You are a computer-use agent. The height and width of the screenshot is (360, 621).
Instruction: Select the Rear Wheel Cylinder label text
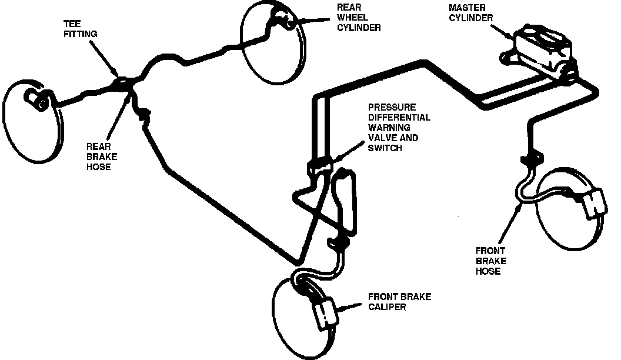coord(359,18)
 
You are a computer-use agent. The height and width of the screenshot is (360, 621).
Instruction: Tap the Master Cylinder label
coord(470,13)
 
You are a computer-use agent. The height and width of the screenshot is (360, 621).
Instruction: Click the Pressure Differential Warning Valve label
coord(399,128)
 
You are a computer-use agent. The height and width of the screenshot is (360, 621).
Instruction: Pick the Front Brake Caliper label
coord(399,302)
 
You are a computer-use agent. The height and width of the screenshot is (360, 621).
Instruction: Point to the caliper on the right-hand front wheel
coord(595,203)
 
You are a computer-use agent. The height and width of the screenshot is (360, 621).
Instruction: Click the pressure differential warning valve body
coord(322,166)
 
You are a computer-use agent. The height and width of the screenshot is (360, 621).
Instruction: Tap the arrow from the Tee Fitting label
coord(106,59)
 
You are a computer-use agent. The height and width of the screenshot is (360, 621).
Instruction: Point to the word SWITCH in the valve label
coord(385,148)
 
